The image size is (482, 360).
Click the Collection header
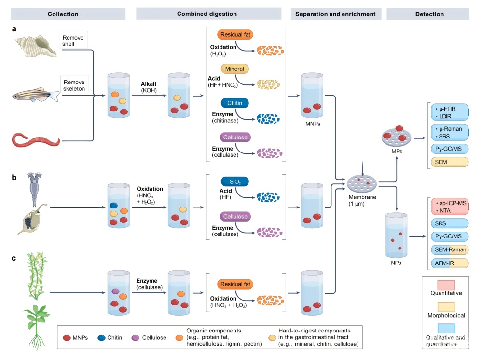tap(63, 14)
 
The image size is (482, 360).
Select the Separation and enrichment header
tap(336, 14)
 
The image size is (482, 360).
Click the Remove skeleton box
tap(75, 85)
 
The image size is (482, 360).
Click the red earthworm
tap(36, 140)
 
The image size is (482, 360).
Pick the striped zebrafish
tap(36, 95)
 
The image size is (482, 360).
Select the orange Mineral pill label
tap(234, 69)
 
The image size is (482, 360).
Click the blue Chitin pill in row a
tap(234, 103)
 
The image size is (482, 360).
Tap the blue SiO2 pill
tap(234, 182)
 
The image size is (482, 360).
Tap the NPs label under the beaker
tap(396, 263)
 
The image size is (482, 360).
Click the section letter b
tap(14, 177)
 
